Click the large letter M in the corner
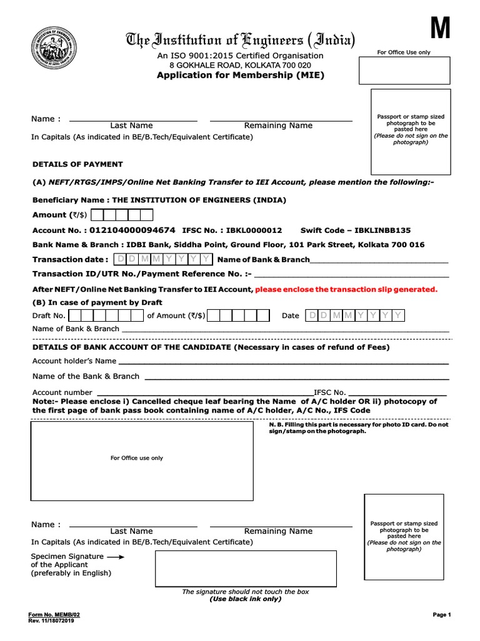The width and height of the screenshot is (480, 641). tap(439, 28)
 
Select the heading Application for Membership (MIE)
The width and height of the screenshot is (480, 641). tap(240, 76)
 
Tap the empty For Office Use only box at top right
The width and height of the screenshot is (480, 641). tap(403, 71)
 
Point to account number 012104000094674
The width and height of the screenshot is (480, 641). tap(132, 230)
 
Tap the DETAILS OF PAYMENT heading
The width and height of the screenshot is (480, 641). tap(77, 164)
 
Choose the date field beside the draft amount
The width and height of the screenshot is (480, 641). tap(355, 315)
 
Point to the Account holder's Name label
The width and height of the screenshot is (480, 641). tap(74, 361)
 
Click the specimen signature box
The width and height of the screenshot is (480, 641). tap(246, 568)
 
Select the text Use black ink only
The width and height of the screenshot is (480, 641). tap(245, 599)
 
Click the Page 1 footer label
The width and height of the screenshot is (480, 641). tap(441, 615)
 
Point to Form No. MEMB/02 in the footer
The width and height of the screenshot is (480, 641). tap(54, 615)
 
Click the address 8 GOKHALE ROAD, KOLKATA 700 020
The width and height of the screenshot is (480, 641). tap(240, 65)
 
